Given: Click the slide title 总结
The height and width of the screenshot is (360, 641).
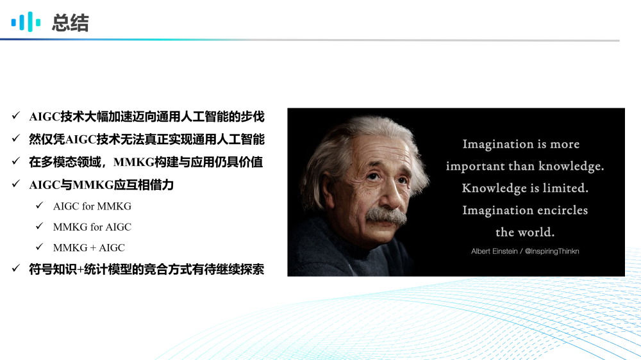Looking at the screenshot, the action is click(71, 22).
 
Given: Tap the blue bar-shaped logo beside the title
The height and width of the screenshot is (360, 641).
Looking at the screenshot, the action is click(26, 22).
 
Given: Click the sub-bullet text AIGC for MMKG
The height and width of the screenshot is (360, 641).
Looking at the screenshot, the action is click(92, 206).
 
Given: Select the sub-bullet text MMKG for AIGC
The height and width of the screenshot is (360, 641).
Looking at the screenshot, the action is click(92, 227).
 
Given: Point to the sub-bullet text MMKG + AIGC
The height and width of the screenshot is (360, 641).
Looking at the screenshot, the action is click(89, 248).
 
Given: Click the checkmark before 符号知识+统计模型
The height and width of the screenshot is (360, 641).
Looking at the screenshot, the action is click(16, 268).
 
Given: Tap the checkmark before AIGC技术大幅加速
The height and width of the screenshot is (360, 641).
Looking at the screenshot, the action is click(16, 116).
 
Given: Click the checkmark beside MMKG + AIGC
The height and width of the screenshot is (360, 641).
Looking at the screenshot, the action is click(39, 247).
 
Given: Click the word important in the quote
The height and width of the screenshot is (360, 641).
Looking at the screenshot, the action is click(475, 167).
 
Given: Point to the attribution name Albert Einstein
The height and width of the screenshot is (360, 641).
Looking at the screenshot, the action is click(494, 251).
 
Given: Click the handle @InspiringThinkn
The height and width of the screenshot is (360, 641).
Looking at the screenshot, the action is click(552, 251).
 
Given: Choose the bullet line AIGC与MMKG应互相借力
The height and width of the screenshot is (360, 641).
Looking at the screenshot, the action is click(101, 185).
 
